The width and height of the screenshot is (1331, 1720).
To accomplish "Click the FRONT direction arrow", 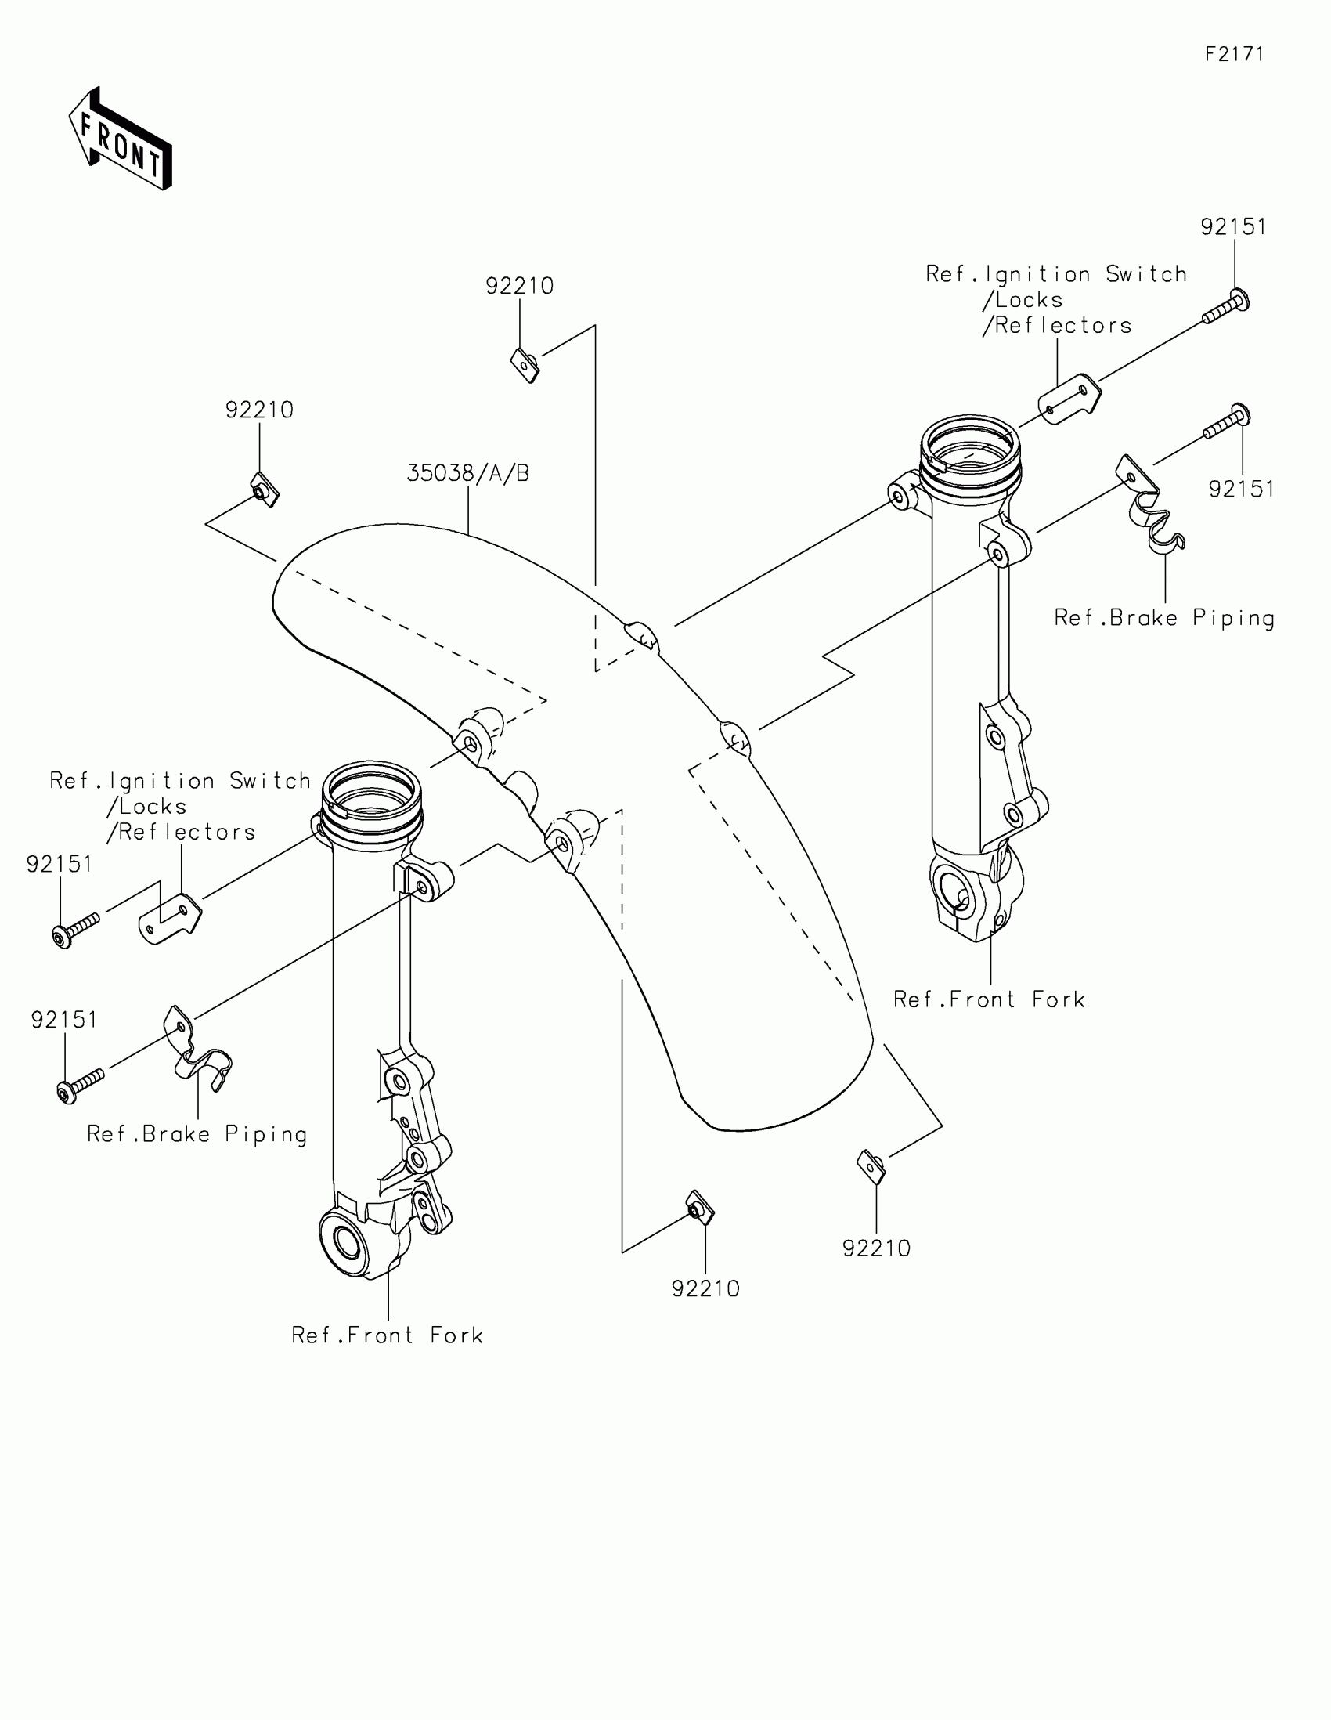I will (x=121, y=139).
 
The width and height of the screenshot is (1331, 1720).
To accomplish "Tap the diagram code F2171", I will (x=1233, y=54).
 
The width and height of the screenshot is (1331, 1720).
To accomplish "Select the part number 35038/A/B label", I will (x=467, y=473).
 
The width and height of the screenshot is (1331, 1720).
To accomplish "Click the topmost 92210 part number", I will (x=520, y=286).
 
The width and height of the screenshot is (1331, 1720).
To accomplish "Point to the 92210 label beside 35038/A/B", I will (x=259, y=410).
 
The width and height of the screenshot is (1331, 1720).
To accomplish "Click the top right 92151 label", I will (x=1232, y=227).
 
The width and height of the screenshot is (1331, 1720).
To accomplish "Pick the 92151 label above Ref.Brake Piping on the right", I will (x=1241, y=489).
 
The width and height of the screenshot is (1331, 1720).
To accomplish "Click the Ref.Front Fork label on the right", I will (x=989, y=999).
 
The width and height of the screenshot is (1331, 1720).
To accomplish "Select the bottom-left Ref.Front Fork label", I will (x=387, y=1335).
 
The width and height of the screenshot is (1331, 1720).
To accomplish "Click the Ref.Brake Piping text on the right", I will (x=1163, y=618).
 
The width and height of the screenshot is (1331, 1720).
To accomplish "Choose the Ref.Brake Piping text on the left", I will (x=197, y=1134).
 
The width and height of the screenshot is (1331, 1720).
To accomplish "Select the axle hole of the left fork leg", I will (x=346, y=1242).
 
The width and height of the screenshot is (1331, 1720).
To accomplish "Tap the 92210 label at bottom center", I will (x=705, y=1289).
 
